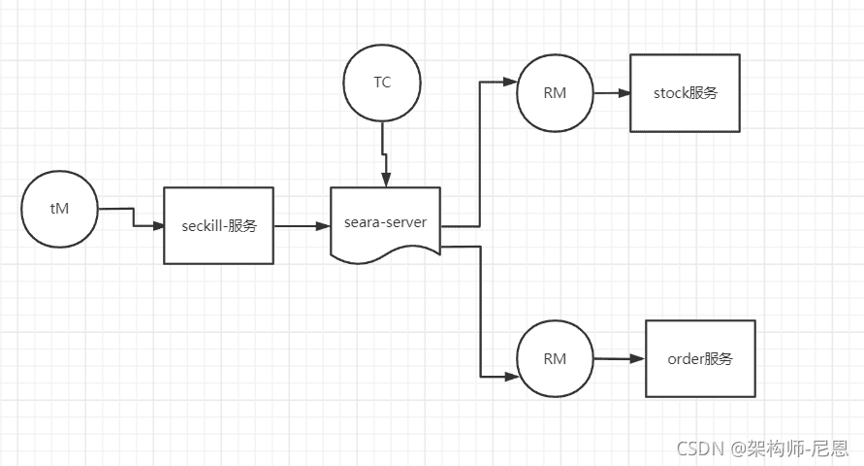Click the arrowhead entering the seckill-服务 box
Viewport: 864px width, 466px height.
[x=159, y=225]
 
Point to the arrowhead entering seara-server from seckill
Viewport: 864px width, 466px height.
[x=324, y=225]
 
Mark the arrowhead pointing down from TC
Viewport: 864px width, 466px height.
[x=386, y=181]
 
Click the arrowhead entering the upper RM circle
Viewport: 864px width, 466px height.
[x=511, y=82]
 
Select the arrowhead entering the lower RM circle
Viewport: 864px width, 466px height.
[x=512, y=378]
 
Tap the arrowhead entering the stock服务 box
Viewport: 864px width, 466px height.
[x=624, y=93]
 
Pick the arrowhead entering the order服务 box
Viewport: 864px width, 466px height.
[x=639, y=359]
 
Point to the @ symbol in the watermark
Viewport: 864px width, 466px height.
[x=738, y=449]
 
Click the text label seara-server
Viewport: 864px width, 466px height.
[x=385, y=222]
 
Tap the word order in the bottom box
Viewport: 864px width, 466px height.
[x=685, y=359]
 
